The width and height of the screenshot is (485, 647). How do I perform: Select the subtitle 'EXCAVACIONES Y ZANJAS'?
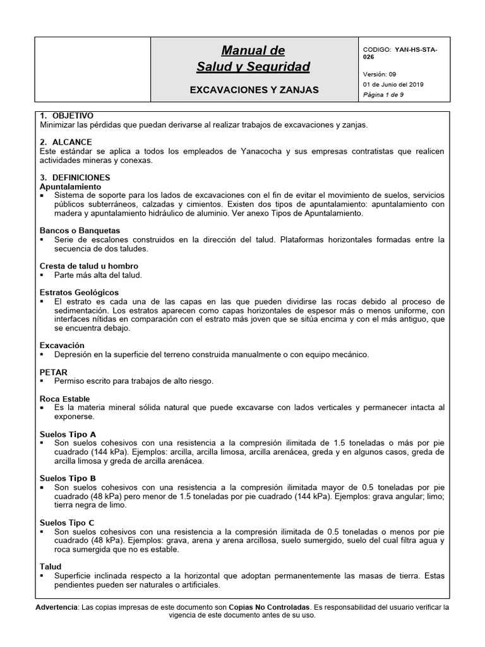(254, 90)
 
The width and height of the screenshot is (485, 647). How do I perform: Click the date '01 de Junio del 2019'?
(393, 84)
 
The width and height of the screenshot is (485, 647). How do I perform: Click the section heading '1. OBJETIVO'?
(66, 116)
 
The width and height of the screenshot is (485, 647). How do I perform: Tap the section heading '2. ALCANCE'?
(66, 142)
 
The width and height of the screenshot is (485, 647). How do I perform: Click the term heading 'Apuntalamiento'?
(70, 187)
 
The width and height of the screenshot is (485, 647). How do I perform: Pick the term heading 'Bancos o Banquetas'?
(80, 231)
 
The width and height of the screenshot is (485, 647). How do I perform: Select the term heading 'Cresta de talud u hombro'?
(89, 266)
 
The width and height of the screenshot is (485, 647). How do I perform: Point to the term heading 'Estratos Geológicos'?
(79, 293)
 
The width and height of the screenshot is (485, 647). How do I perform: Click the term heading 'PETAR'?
(53, 373)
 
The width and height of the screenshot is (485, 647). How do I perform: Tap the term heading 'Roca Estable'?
(64, 399)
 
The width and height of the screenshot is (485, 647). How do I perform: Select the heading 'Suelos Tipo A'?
(68, 434)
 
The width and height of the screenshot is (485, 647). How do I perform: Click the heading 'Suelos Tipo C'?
(68, 523)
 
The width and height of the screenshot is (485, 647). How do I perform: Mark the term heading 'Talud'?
(51, 567)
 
